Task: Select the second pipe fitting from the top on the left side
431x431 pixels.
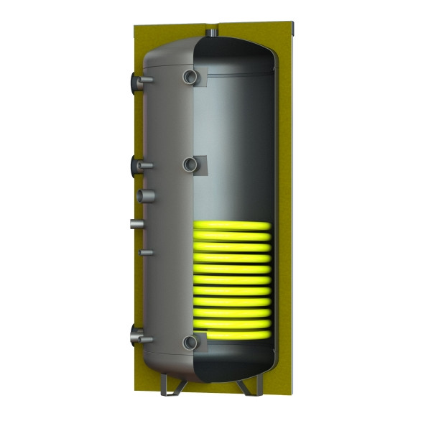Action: tap(138, 167)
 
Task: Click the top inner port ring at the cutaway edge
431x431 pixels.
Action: tap(190, 76)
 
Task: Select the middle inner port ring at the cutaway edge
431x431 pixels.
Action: tap(190, 164)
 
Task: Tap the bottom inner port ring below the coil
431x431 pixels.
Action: tap(190, 343)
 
